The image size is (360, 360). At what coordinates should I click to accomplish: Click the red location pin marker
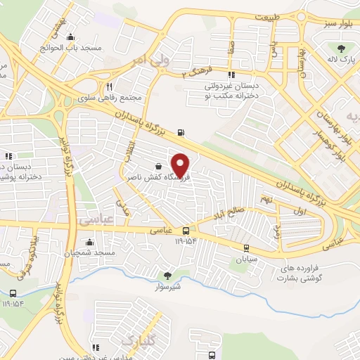pos(181,165)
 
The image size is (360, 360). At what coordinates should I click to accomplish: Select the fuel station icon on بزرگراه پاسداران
pos(183,131)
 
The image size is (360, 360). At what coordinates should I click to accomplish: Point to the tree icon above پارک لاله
pos(342,48)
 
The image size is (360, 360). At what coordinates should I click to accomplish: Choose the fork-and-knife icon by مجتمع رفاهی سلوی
pos(109,86)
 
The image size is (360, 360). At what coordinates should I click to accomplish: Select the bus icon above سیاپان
pos(246,247)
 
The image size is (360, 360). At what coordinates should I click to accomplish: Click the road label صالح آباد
pos(230,209)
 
